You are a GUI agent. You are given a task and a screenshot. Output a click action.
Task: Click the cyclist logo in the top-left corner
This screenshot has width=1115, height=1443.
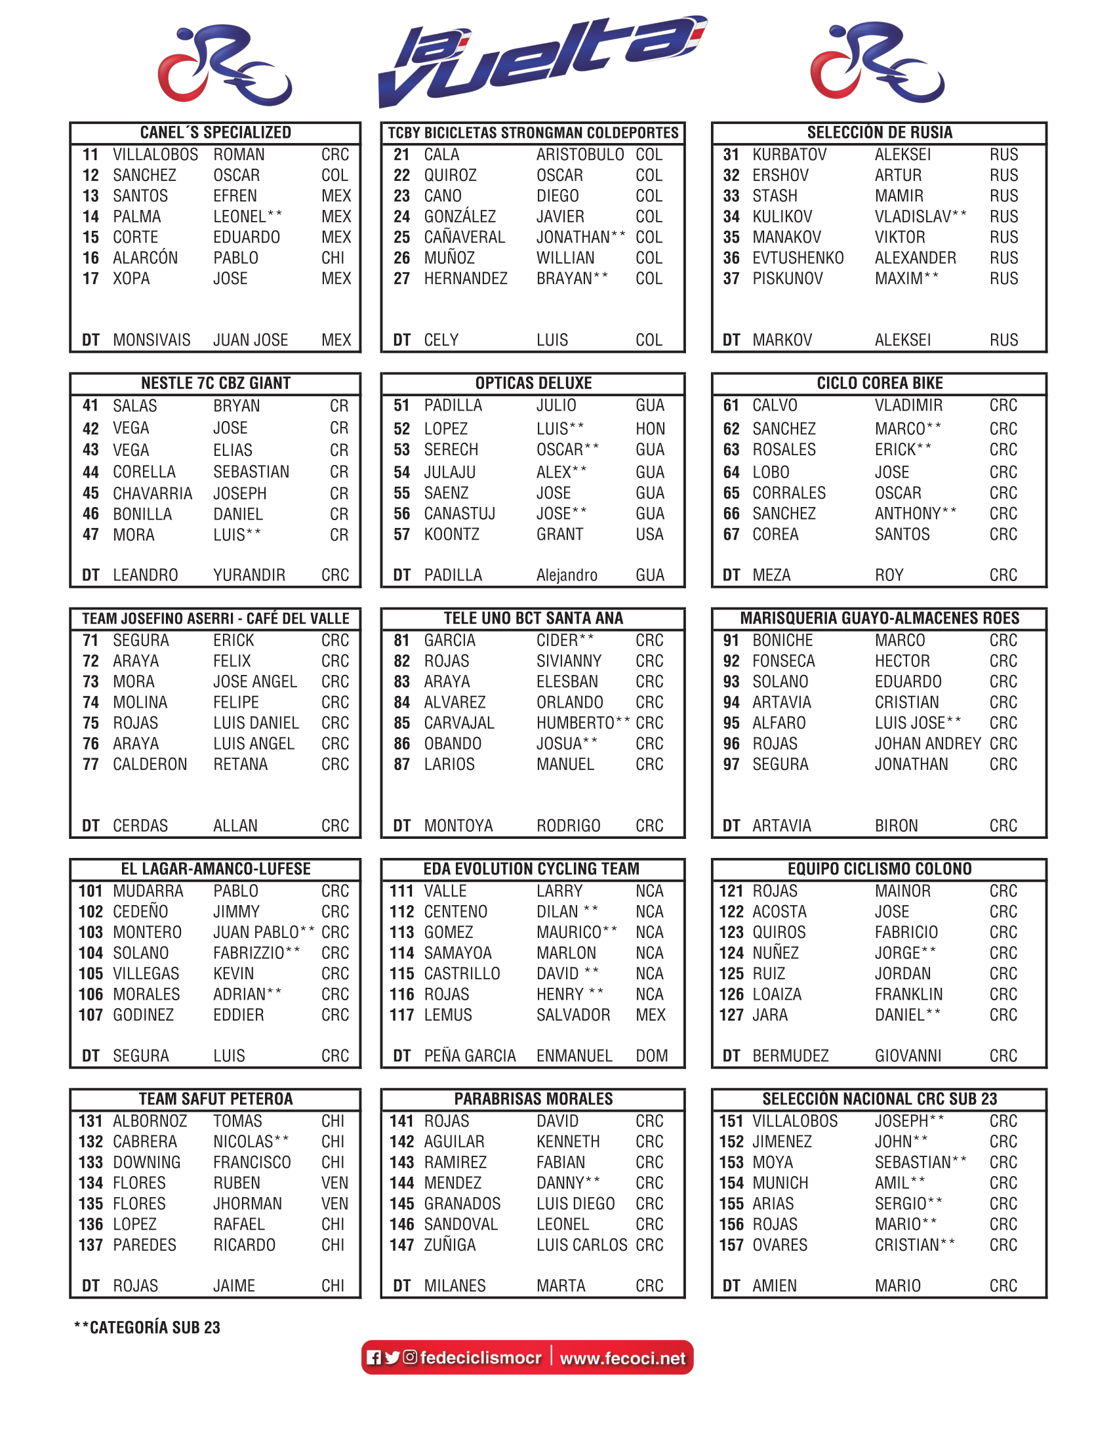pyautogui.click(x=224, y=65)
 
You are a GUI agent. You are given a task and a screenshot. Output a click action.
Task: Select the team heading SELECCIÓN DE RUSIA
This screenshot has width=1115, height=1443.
pyautogui.click(x=879, y=132)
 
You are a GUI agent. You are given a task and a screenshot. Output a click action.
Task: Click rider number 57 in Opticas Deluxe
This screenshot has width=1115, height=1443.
pyautogui.click(x=401, y=535)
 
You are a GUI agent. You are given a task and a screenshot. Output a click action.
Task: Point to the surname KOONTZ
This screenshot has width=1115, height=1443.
pyautogui.click(x=451, y=535)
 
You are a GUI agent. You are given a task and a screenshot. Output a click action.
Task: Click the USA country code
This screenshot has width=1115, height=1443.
pyautogui.click(x=649, y=535)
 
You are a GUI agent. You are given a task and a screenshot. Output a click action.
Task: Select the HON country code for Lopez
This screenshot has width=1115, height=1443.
pyautogui.click(x=650, y=429)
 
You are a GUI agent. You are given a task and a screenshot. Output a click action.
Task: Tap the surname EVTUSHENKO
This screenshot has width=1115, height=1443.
pyautogui.click(x=798, y=258)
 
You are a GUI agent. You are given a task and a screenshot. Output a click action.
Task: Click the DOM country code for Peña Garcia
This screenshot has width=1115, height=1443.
pyautogui.click(x=651, y=1056)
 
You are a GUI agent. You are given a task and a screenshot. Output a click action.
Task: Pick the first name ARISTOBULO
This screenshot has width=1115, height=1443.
pyautogui.click(x=580, y=155)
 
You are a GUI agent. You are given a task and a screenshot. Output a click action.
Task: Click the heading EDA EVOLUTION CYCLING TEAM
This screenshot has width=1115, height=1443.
pyautogui.click(x=532, y=869)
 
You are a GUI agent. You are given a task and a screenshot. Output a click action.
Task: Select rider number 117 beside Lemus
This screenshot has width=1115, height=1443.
pyautogui.click(x=401, y=1015)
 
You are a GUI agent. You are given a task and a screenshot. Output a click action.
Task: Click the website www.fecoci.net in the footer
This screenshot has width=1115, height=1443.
pyautogui.click(x=622, y=1358)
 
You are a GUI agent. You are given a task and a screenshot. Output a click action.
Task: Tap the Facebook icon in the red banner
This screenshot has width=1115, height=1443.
pyautogui.click(x=374, y=1357)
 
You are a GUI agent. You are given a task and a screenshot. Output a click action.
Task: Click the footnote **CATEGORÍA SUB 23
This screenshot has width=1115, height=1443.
pyautogui.click(x=148, y=1328)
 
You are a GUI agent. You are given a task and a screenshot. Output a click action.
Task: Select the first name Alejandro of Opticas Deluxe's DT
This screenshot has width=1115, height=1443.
pyautogui.click(x=566, y=575)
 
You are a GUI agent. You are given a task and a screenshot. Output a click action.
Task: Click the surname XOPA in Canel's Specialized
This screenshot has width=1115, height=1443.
pyautogui.click(x=131, y=279)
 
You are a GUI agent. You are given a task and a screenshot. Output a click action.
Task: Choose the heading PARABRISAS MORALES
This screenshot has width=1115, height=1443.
pyautogui.click(x=533, y=1099)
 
